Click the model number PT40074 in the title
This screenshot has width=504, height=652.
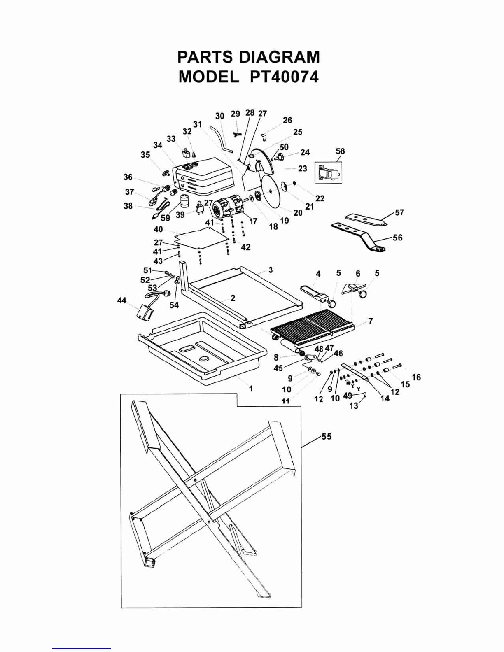tap(284, 77)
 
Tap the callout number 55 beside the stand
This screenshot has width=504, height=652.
tap(327, 436)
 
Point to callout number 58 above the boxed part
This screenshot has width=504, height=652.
tap(341, 151)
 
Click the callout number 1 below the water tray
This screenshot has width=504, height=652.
tap(251, 389)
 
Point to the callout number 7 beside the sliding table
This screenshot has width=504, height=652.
tap(371, 321)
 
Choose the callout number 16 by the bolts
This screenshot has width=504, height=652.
tap(416, 377)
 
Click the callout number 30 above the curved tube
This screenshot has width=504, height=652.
tap(220, 116)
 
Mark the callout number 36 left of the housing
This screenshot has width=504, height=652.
tap(128, 177)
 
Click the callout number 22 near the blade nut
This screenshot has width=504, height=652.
tap(320, 198)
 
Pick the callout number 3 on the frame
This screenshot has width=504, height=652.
tap(271, 270)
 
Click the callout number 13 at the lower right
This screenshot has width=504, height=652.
tap(354, 406)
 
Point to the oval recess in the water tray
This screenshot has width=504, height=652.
tap(205, 358)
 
